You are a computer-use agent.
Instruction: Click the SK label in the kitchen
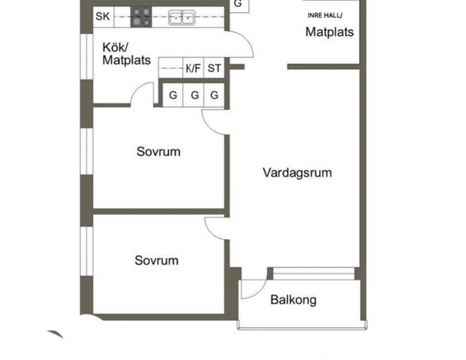pos(102,16)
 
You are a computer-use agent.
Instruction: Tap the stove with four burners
pos(140,16)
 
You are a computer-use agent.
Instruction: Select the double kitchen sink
pos(181,16)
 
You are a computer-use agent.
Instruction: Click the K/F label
pos(193,68)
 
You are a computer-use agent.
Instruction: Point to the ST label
pos(215,68)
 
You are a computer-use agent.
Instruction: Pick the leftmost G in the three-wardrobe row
pos(173,95)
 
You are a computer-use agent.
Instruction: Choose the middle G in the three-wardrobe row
pos(194,95)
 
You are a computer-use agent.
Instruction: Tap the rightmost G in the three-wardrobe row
pos(215,95)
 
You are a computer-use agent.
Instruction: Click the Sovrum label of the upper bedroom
pos(158,151)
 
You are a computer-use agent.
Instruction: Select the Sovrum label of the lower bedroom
pos(157,260)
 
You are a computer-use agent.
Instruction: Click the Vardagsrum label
pos(297,172)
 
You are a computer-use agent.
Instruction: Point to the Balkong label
pos(293,300)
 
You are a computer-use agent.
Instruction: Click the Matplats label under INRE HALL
pos(329,32)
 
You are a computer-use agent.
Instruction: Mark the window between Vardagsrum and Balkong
pos(314,274)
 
